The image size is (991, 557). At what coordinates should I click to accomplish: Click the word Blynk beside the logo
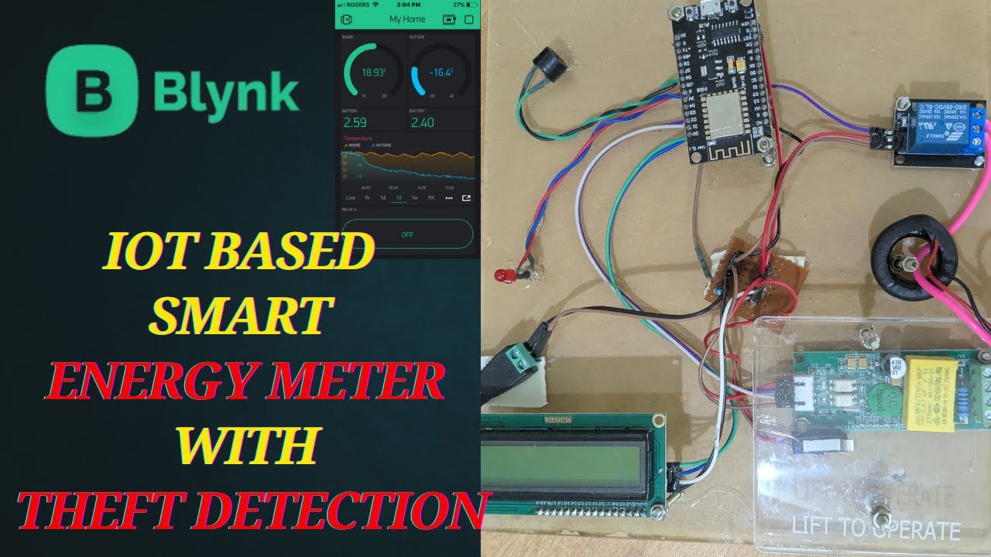tap(226, 93)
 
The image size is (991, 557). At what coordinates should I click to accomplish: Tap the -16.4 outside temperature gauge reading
tap(441, 72)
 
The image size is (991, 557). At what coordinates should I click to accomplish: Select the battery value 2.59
tap(354, 122)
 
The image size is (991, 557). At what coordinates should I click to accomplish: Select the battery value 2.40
tap(422, 122)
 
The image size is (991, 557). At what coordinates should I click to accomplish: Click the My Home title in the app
tap(407, 19)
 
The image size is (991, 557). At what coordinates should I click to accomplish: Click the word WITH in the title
tap(245, 446)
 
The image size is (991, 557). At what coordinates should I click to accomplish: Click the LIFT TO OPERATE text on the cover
tap(875, 530)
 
